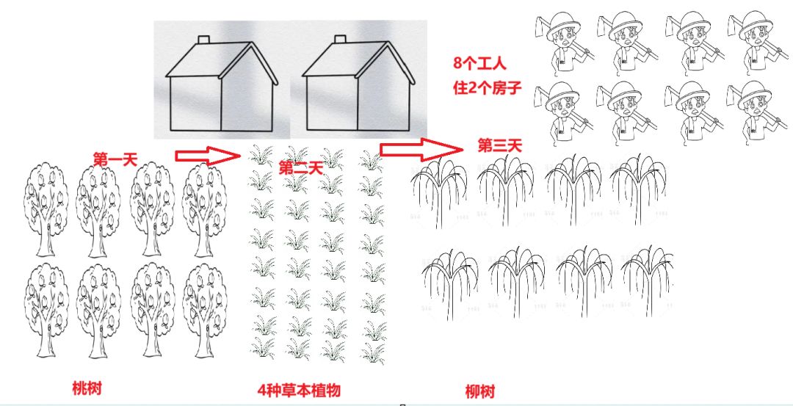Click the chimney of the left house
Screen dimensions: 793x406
pos(203,40)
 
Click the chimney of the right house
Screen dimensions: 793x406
pos(340,40)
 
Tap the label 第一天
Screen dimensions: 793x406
pos(115,159)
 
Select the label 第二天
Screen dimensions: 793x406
pos(300,168)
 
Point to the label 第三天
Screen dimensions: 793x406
pos(500,146)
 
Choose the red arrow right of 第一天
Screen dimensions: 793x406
pos(208,155)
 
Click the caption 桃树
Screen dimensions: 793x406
pos(87,388)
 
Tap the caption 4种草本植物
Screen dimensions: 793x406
pos(299,391)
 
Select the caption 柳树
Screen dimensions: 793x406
pos(480,391)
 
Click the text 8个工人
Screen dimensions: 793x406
pos(479,63)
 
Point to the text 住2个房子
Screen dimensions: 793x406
pos(487,88)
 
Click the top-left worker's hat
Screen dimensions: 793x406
pos(563,23)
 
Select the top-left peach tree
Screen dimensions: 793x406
pos(46,209)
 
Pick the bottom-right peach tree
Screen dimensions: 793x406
pos(205,310)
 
